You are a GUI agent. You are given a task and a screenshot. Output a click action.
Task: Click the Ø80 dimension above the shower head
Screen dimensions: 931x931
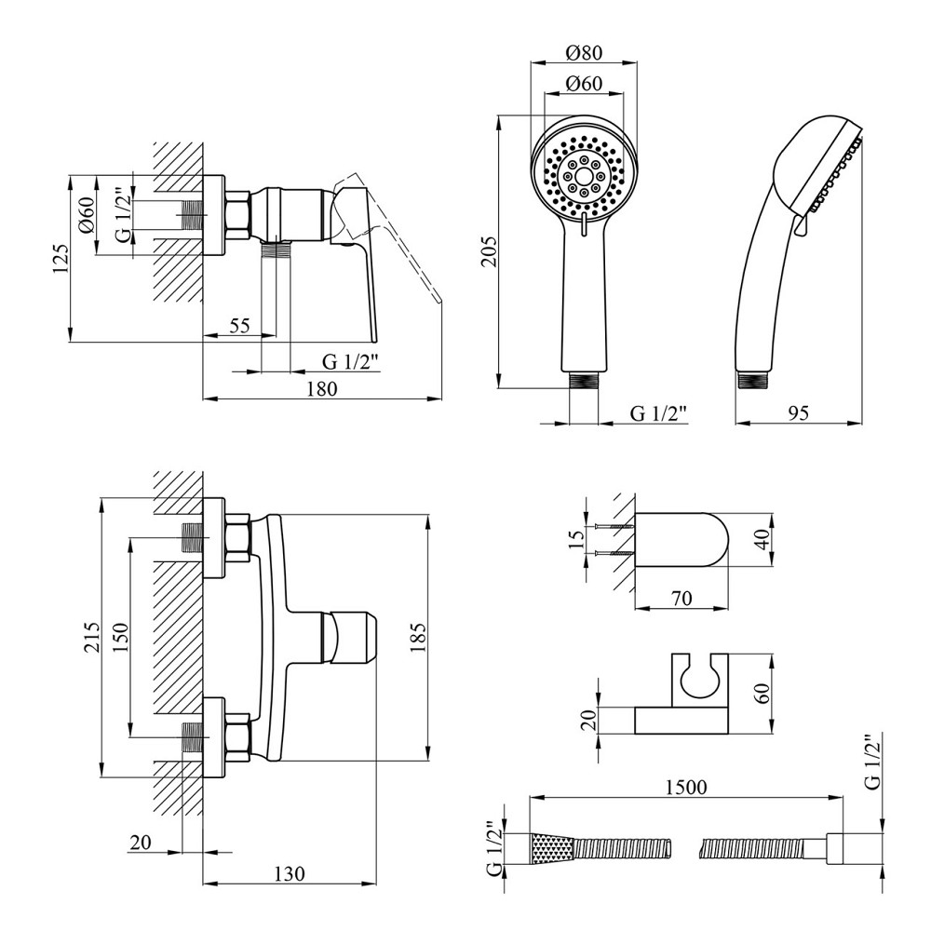coord(584,52)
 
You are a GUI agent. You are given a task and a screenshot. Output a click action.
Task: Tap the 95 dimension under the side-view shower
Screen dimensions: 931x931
coord(797,411)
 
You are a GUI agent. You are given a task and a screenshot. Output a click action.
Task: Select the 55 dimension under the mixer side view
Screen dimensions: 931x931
coord(239,325)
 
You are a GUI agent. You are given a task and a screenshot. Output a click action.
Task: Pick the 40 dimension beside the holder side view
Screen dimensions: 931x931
coord(763,539)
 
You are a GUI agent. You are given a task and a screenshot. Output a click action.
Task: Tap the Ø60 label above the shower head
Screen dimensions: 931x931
coord(584,83)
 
